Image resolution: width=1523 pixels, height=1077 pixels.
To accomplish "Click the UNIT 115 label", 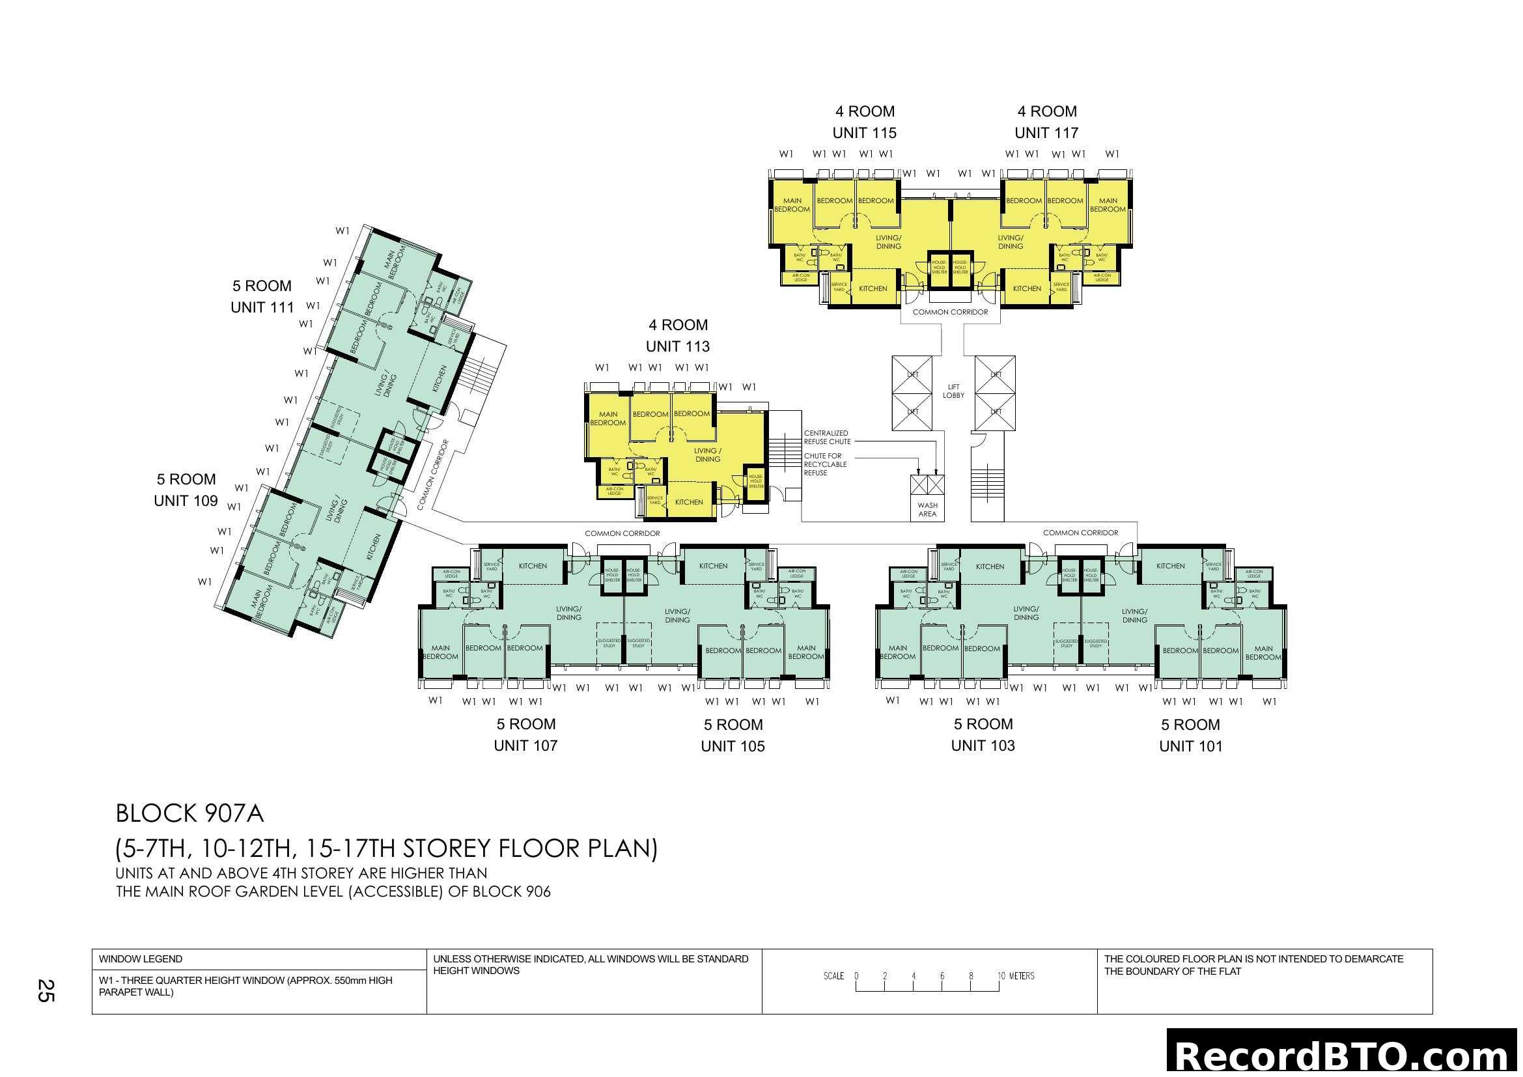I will click(863, 133).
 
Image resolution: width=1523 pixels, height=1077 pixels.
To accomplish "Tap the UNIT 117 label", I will click(1046, 133).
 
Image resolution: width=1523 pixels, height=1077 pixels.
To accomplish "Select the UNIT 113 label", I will click(677, 346).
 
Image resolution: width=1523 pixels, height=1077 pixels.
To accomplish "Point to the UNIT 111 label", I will click(262, 308).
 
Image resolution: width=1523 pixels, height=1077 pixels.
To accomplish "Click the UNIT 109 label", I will click(186, 501).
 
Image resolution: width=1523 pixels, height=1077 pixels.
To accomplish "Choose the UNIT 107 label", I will click(525, 746).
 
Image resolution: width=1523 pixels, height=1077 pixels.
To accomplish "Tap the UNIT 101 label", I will click(1190, 746).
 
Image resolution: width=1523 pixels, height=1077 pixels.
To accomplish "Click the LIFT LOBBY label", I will click(953, 391).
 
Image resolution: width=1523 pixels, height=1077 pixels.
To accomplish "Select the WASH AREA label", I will click(927, 509).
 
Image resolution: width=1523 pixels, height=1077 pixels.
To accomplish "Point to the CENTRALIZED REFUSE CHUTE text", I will click(827, 437).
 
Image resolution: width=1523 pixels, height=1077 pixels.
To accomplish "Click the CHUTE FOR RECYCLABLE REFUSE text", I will click(824, 464).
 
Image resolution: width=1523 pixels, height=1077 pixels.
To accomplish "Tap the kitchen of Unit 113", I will click(688, 502).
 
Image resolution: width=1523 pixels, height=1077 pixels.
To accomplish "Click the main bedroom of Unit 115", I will click(792, 205).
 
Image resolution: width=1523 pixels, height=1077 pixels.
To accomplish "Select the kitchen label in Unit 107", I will click(533, 566).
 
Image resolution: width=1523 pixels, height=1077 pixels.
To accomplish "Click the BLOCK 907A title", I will click(189, 814).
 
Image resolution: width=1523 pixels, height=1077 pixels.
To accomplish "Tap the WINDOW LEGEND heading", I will click(141, 959).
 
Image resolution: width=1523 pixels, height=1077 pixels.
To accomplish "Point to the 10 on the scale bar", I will click(1000, 976).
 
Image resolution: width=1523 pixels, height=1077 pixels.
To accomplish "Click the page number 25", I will click(45, 991).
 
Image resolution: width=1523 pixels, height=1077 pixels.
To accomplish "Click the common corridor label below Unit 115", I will click(950, 312).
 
